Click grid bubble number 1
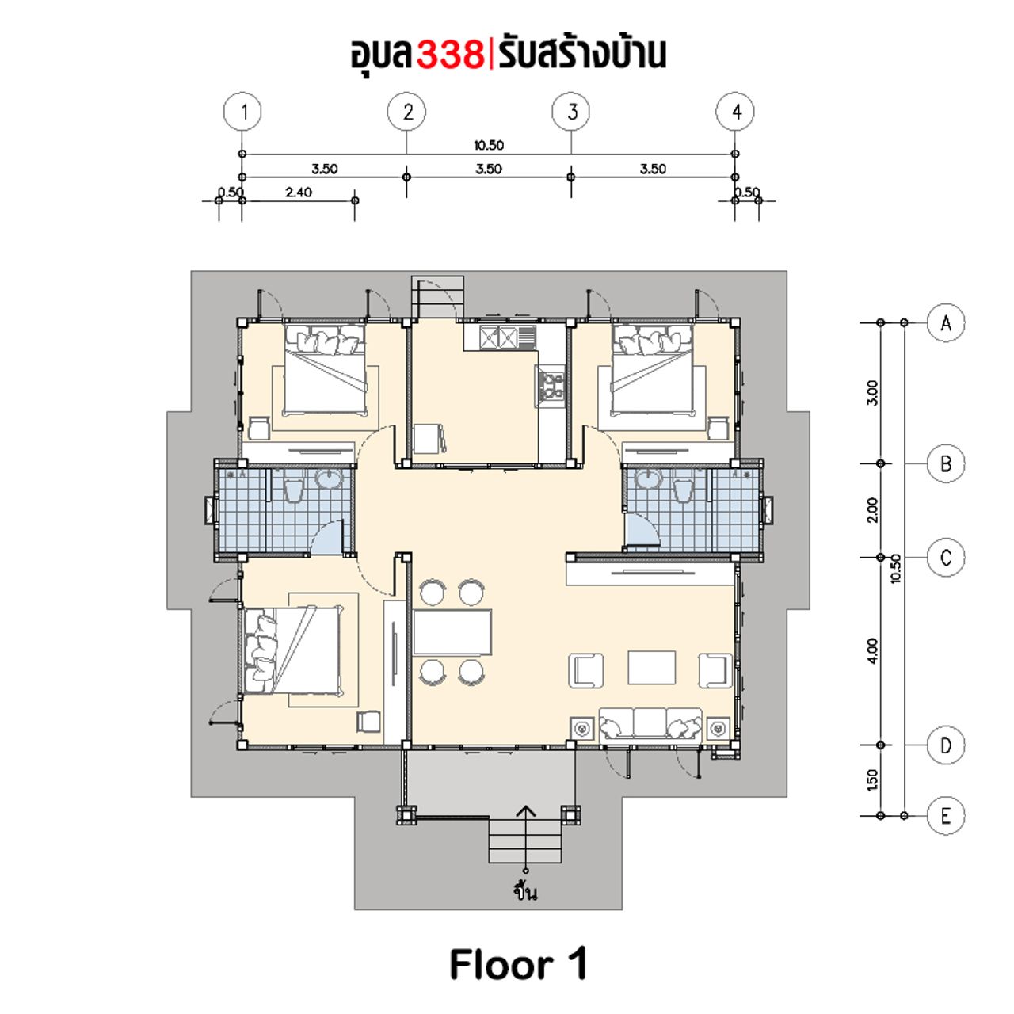(242, 112)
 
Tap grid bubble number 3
(571, 112)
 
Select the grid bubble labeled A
(946, 322)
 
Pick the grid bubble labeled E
(946, 816)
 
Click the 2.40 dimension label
(299, 192)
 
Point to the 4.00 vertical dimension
(872, 651)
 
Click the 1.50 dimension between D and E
(872, 780)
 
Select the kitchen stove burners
(551, 385)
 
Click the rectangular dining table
(452, 631)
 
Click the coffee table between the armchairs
(651, 668)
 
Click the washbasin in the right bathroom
(646, 478)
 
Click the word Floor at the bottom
(501, 965)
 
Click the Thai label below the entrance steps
(526, 890)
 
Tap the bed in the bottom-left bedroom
(292, 651)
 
